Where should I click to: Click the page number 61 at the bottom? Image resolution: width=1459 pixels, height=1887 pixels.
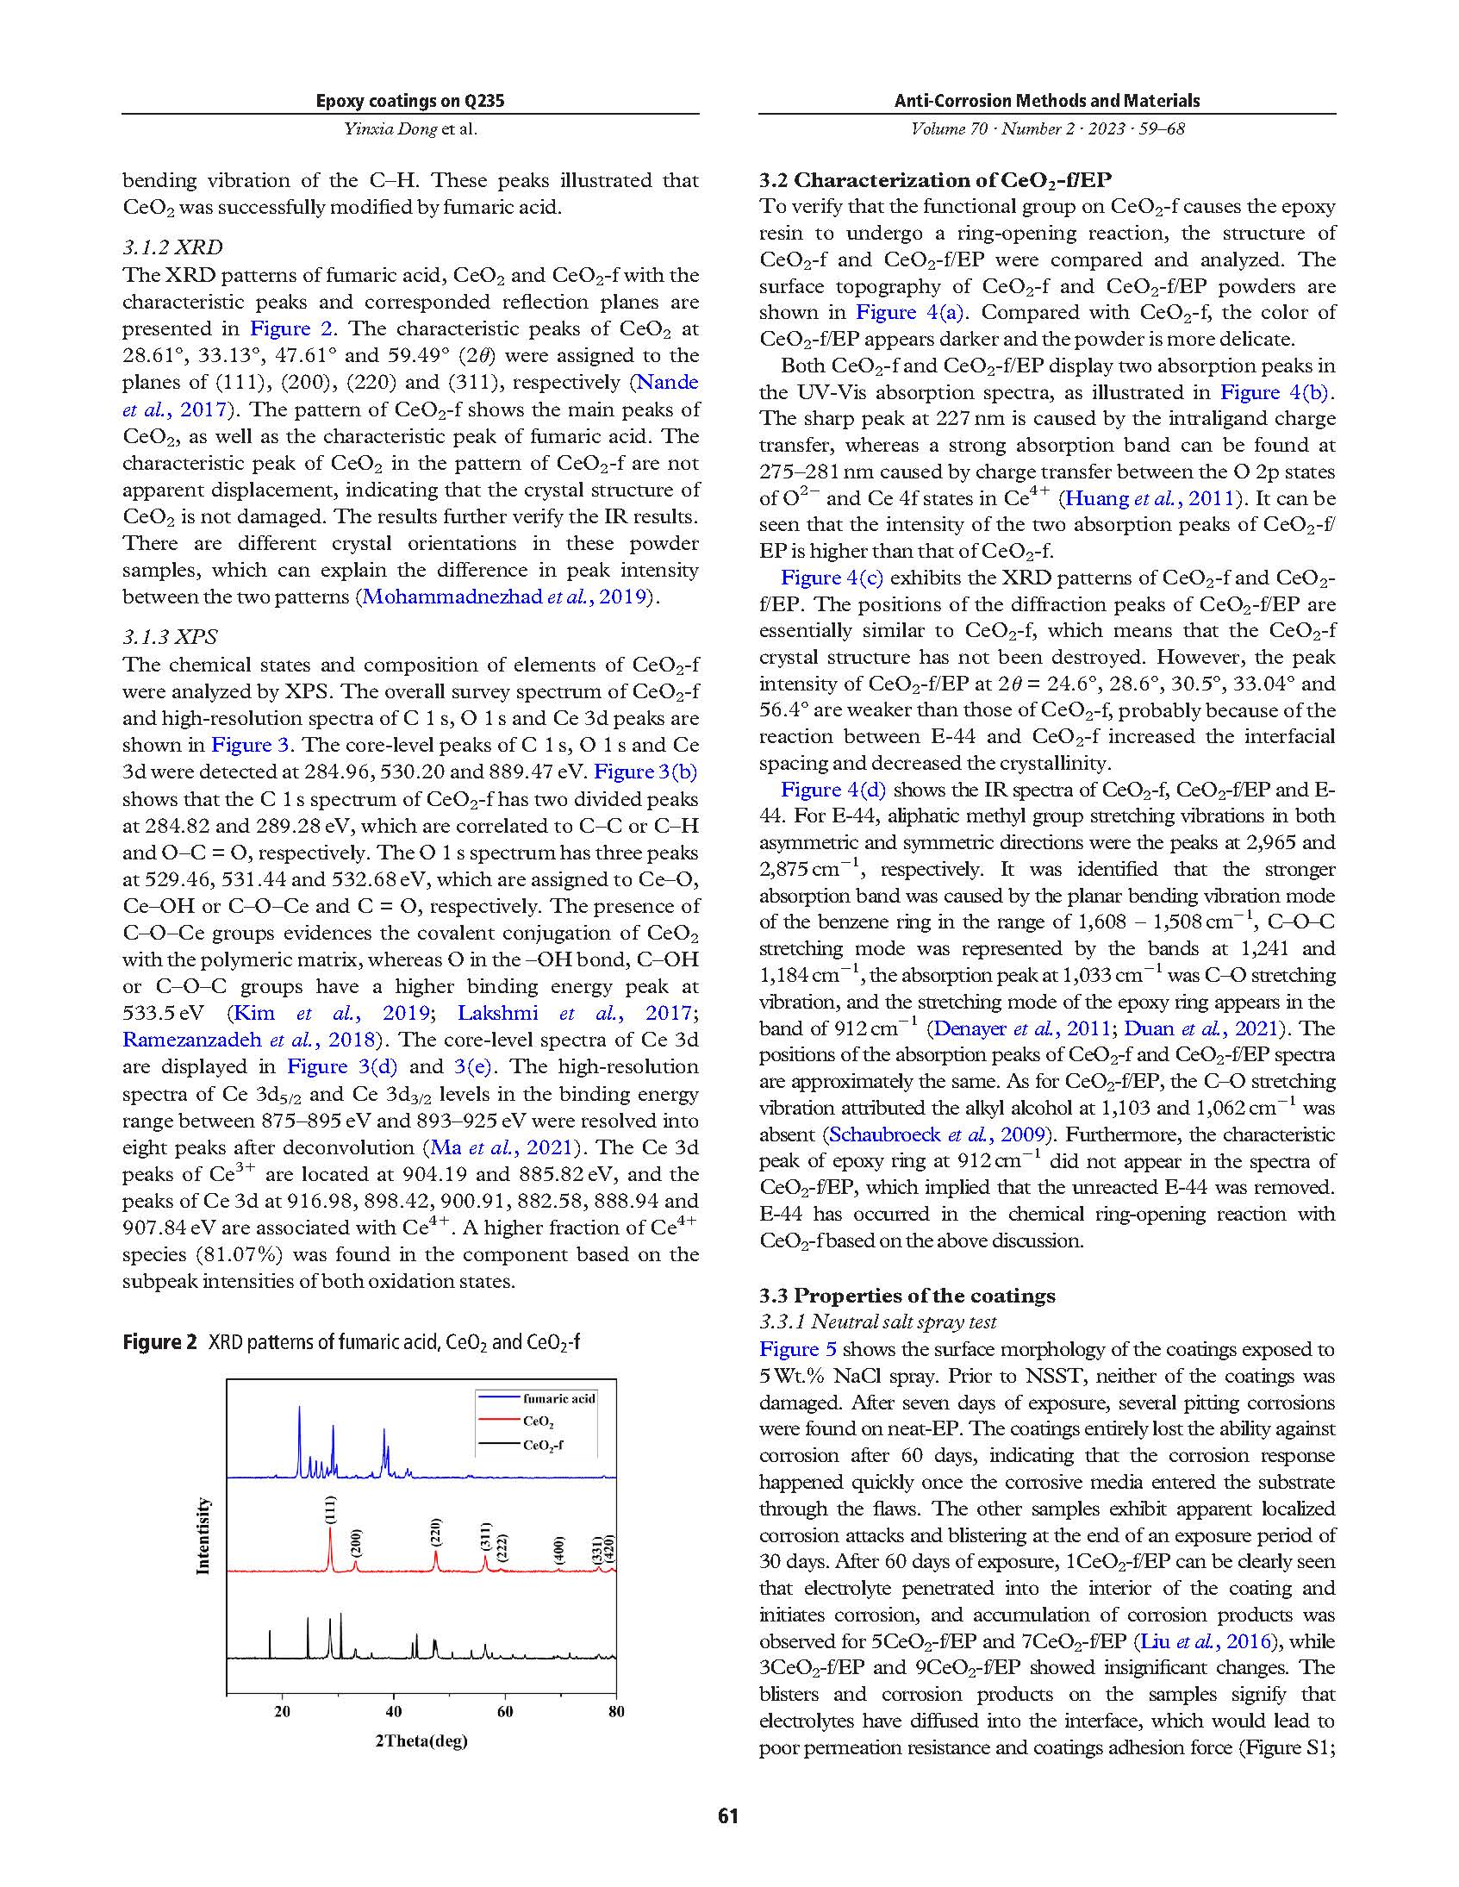[x=727, y=1815]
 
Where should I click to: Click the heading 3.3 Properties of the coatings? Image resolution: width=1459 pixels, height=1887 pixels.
[x=907, y=1295]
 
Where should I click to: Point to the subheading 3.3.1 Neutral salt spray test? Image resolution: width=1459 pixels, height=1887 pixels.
[x=877, y=1322]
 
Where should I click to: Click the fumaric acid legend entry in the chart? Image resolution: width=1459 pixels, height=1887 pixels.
[x=558, y=1398]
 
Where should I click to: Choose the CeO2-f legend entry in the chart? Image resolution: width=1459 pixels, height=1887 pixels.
[x=542, y=1445]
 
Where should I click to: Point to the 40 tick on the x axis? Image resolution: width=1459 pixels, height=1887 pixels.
[x=394, y=1712]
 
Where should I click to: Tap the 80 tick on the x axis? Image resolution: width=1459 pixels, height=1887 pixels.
[x=616, y=1712]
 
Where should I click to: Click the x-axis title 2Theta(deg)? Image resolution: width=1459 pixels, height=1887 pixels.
[x=421, y=1740]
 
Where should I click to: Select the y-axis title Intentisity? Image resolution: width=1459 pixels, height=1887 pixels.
[x=203, y=1535]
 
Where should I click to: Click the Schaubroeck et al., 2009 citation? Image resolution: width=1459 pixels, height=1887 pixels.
[x=938, y=1134]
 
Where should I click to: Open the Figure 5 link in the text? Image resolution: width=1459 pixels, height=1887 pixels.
[x=789, y=1350]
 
